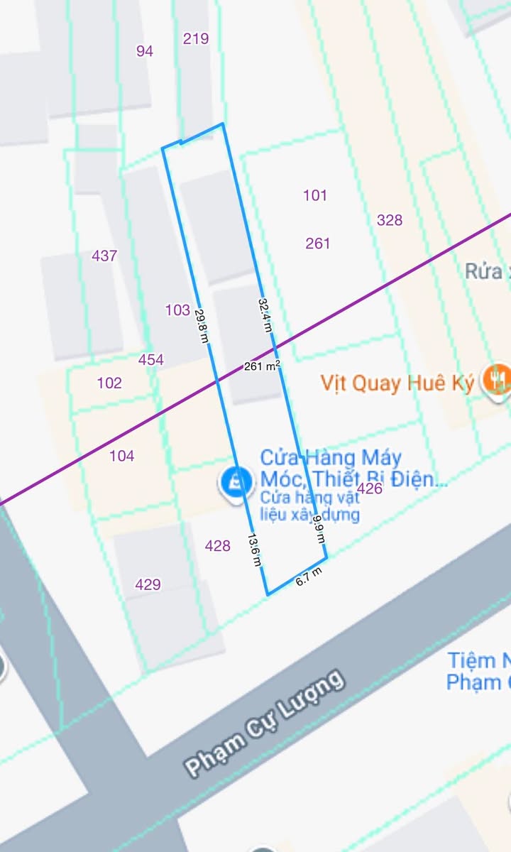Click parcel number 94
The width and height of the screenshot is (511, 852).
tap(145, 50)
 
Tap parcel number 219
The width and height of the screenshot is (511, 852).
tap(196, 38)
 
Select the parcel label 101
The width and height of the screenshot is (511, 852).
tap(315, 195)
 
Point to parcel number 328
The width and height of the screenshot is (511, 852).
tap(390, 220)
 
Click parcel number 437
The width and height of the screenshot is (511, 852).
tap(104, 256)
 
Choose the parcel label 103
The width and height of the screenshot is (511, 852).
tap(177, 310)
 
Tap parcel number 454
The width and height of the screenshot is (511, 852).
tap(150, 360)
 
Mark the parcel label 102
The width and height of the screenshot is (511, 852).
tap(109, 383)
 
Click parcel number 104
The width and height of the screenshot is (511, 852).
tap(121, 456)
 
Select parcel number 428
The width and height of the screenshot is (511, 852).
tap(217, 545)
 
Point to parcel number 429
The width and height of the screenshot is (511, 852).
tap(148, 584)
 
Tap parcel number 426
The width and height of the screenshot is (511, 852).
tap(370, 488)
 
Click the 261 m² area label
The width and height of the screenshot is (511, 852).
tap(262, 366)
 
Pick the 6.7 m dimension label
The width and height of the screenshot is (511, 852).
tap(309, 577)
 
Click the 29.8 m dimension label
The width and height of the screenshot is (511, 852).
tap(202, 325)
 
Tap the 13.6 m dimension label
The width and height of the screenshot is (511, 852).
tap(254, 550)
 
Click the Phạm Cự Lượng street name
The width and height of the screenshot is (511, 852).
tap(265, 722)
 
